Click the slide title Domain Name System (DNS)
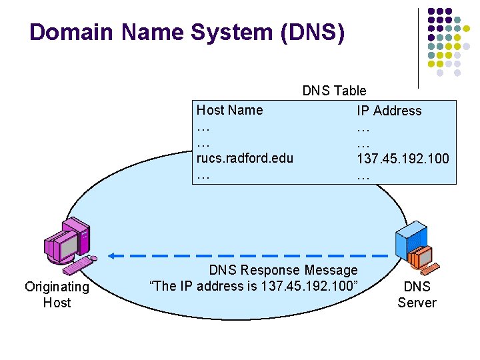click(187, 32)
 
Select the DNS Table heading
click(334, 91)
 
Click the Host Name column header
click(229, 110)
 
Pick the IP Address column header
click(389, 111)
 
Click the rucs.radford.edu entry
click(245, 159)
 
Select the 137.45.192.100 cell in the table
click(403, 159)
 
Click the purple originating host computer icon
click(67, 244)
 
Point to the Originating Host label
click(57, 295)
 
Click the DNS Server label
click(417, 295)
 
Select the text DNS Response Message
click(283, 270)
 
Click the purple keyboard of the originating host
click(79, 266)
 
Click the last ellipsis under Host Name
click(203, 175)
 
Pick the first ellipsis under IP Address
click(363, 127)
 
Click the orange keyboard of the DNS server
click(431, 269)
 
